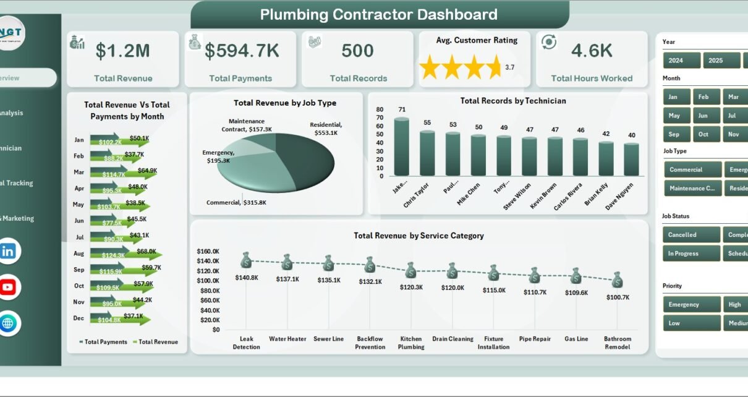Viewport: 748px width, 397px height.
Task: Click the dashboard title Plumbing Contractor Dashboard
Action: coord(378,15)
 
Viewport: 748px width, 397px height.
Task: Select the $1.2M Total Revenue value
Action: coord(123,51)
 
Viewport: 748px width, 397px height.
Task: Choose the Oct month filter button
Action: coord(703,134)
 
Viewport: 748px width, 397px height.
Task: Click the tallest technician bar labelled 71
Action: coord(402,147)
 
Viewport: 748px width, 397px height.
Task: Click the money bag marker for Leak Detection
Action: coord(246,260)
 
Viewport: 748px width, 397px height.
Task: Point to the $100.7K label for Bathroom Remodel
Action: coord(618,297)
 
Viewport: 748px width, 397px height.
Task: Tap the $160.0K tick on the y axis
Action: coord(208,252)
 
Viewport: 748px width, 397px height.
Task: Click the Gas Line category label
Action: coord(576,339)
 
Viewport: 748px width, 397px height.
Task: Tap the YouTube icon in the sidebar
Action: coord(8,287)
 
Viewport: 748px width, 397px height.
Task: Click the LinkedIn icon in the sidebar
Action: coord(8,251)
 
